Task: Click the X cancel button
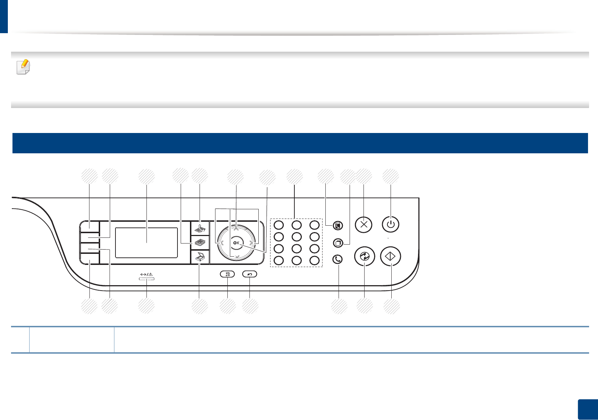[364, 225]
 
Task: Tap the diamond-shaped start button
[391, 256]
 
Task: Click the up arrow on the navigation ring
[236, 229]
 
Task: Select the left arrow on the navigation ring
[222, 243]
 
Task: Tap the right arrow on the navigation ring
[251, 243]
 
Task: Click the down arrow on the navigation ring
[237, 256]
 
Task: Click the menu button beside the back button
[228, 274]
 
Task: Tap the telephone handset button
[337, 259]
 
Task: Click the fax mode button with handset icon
[200, 227]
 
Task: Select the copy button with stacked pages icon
[200, 243]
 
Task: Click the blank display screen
[146, 242]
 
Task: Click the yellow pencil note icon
[24, 66]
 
